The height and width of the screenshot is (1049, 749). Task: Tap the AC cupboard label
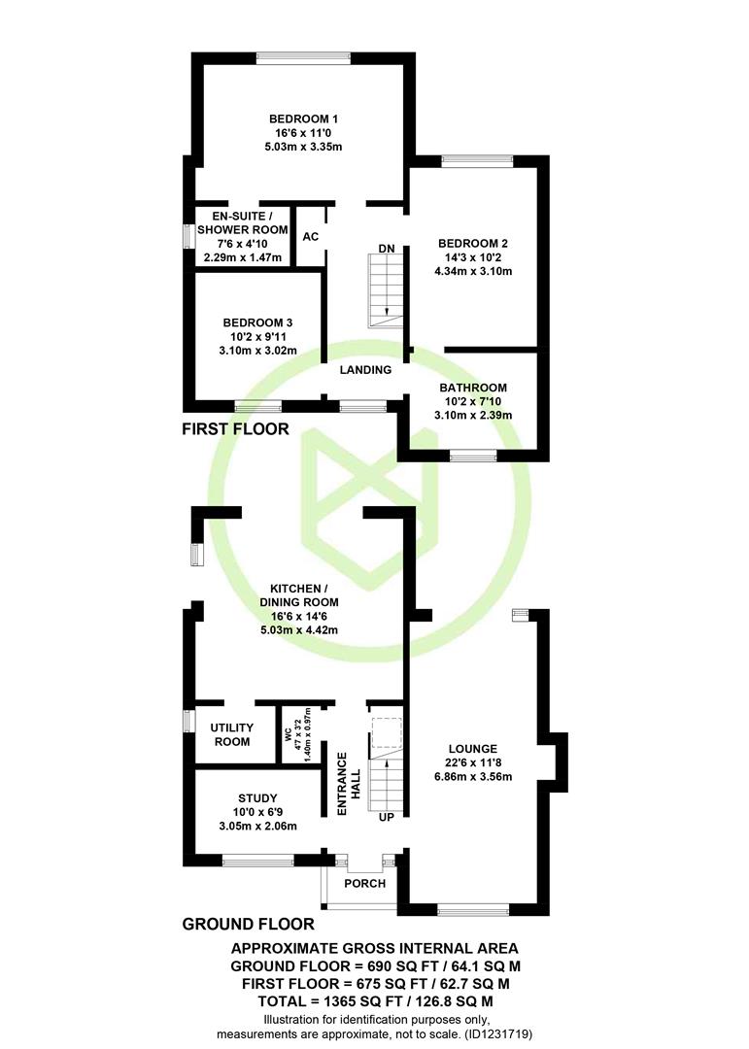point(311,237)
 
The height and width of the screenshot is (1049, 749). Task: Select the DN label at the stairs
point(387,249)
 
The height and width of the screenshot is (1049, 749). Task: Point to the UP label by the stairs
point(387,818)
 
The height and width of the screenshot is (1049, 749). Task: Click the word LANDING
point(365,369)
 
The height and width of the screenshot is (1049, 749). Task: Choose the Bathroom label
point(472,388)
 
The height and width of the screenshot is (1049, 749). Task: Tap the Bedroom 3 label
point(257,322)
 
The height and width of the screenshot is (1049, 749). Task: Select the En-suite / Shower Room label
point(242,222)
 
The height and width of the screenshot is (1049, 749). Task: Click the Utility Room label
point(231,734)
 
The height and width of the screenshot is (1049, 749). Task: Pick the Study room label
point(257,798)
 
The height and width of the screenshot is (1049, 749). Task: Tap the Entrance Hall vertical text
point(349,784)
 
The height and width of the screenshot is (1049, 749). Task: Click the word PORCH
point(365,883)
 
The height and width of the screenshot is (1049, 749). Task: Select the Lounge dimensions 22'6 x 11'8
point(473,762)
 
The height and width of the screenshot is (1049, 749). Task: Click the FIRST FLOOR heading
point(236,429)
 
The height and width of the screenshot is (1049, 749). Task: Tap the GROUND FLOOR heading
point(249,924)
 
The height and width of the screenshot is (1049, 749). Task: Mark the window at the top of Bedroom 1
point(303,58)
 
